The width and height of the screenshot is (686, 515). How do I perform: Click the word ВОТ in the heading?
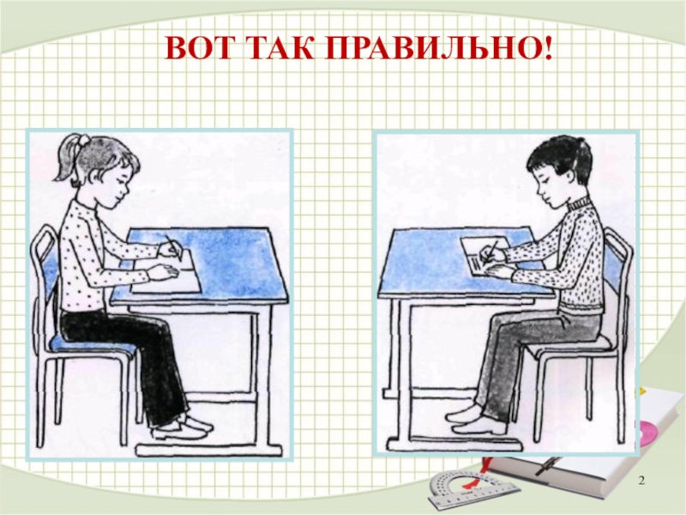click(198, 49)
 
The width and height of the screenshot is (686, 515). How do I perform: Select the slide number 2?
click(641, 482)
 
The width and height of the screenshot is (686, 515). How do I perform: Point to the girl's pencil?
click(173, 248)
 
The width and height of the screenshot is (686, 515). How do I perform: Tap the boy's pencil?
click(491, 251)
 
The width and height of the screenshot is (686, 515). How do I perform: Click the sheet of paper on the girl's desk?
click(167, 275)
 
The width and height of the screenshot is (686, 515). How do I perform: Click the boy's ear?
click(568, 175)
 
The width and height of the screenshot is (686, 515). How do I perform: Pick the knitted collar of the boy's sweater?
click(578, 203)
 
